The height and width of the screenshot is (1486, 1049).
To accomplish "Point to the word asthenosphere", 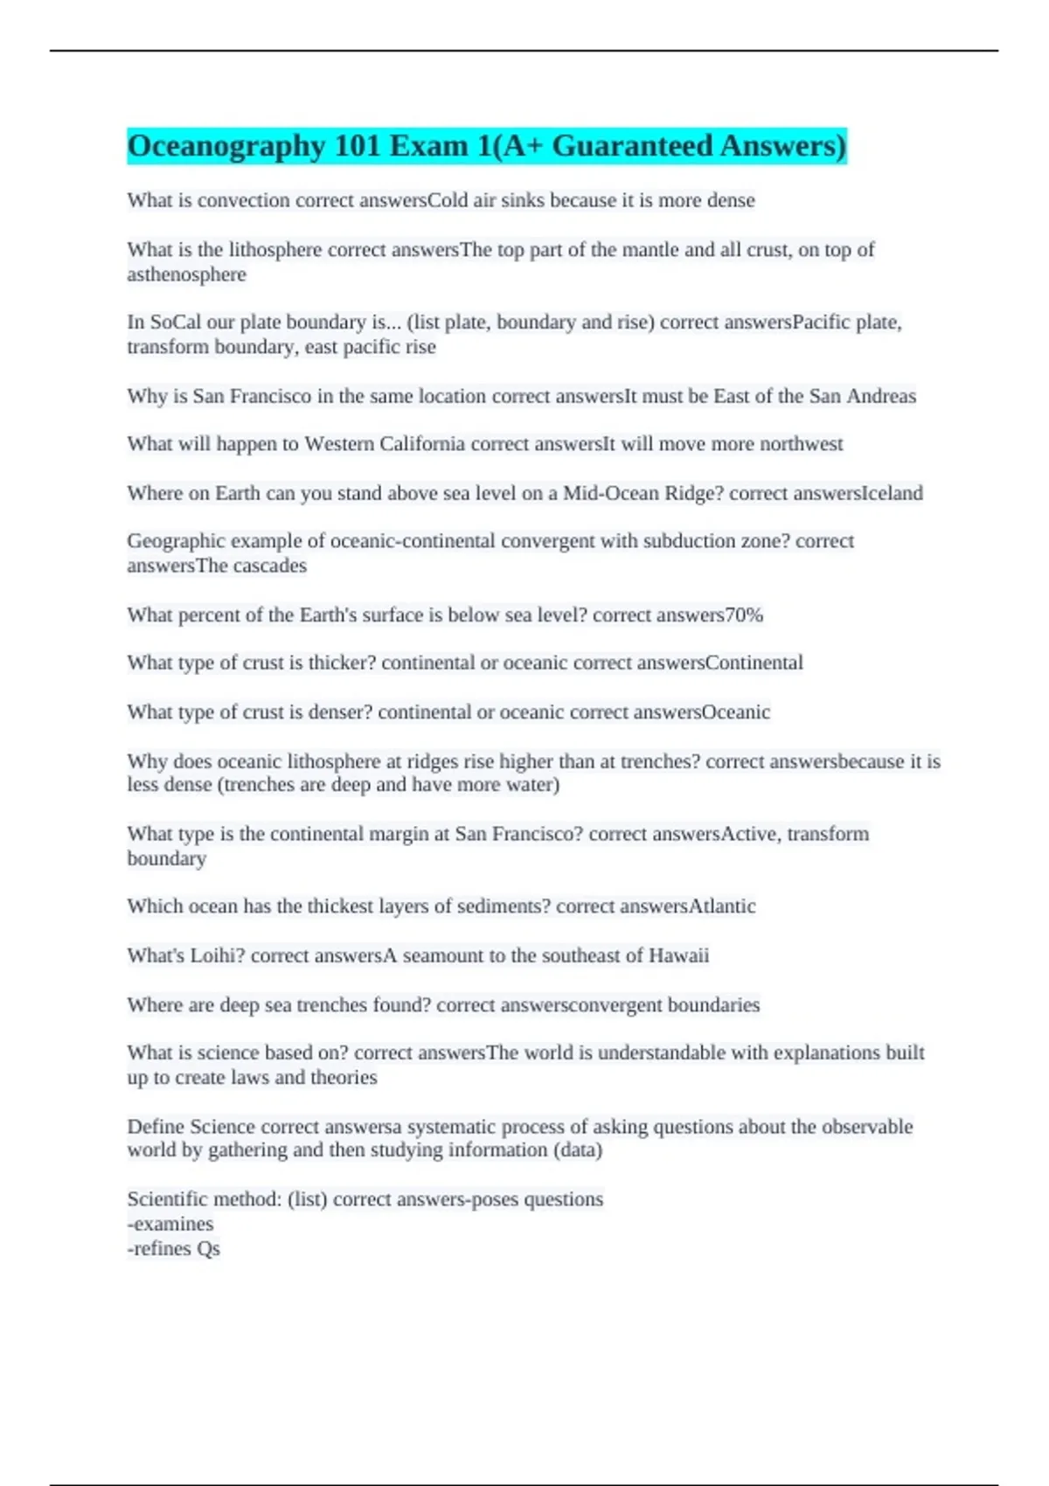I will (x=186, y=274).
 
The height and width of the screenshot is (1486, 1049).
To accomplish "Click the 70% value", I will (x=744, y=615).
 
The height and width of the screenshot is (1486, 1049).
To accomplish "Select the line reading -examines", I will (x=170, y=1224).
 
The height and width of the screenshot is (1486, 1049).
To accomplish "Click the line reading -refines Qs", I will (x=173, y=1248).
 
